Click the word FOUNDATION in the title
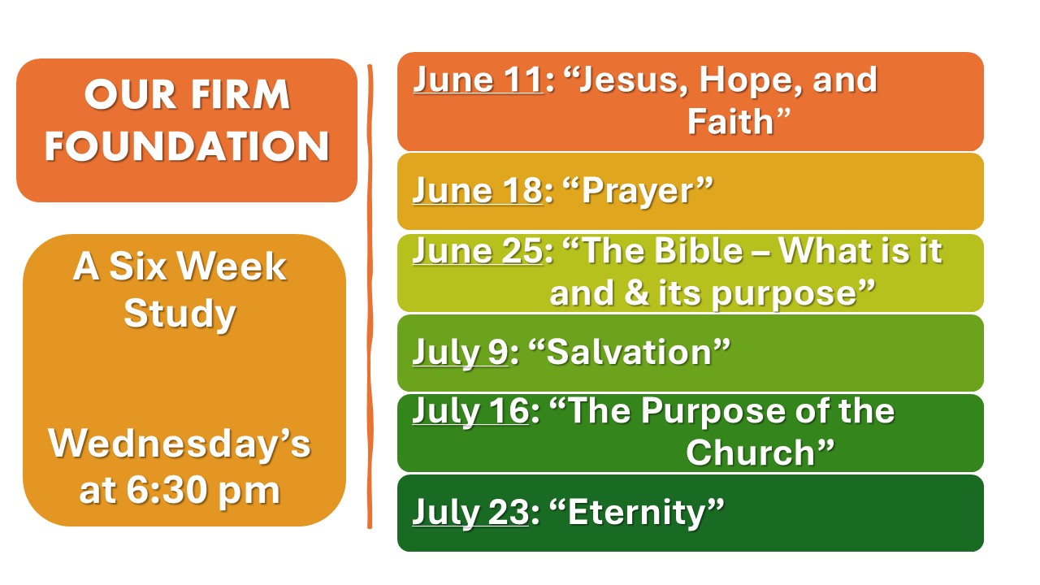[187, 145]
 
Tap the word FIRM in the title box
[240, 95]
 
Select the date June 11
[478, 80]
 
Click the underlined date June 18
[478, 191]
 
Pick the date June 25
[478, 252]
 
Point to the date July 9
[461, 353]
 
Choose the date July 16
[470, 412]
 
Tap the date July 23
[470, 513]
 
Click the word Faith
[730, 122]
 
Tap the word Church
[750, 453]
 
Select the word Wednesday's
[180, 444]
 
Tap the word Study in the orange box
[180, 314]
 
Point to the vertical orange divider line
[370, 297]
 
